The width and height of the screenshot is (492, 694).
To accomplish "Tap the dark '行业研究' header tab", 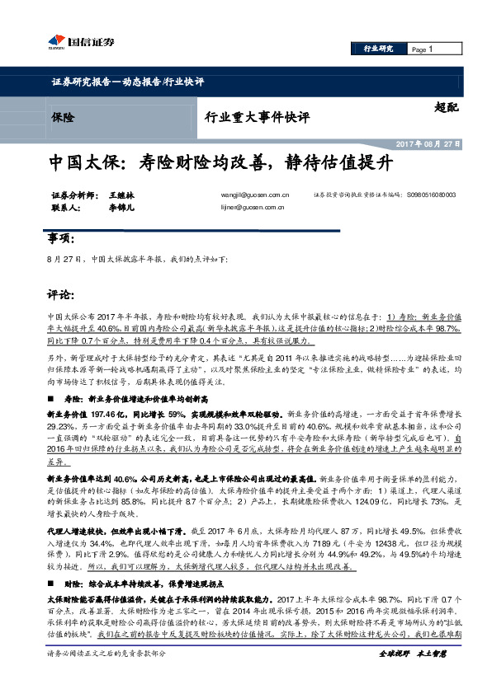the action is coord(379,49).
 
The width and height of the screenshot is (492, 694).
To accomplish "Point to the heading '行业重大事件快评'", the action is coord(256,118).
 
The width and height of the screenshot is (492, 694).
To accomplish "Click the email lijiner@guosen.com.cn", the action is coord(254,209).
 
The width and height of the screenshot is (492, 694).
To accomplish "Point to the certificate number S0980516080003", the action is coord(430,195).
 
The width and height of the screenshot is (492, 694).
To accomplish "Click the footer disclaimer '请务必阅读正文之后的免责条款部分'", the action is coord(107,677).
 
